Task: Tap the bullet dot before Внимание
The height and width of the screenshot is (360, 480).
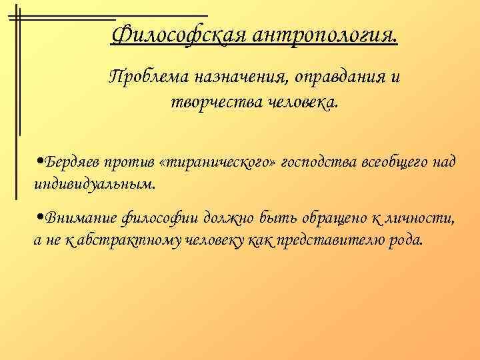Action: [41, 219]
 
